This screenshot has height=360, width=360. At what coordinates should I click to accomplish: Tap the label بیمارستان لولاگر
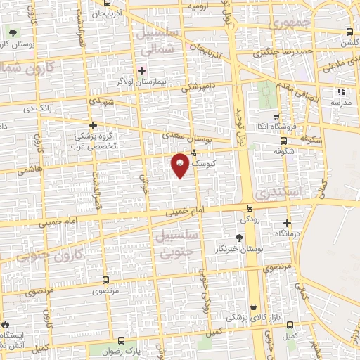pos(168,82)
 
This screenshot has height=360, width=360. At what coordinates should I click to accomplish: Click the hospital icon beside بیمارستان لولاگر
pos(142,70)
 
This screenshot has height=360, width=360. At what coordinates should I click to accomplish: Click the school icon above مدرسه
pos(342,91)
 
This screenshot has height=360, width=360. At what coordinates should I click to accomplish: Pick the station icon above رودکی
pos(250,207)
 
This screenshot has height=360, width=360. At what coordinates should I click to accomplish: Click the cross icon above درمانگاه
pos(285,223)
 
